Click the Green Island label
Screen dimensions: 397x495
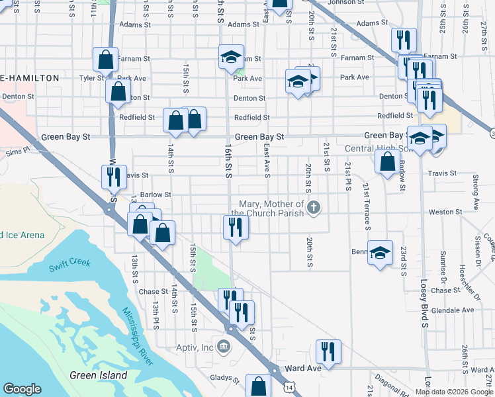(99, 375)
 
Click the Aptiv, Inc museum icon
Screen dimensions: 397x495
(224, 346)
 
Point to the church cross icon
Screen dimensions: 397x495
(314, 208)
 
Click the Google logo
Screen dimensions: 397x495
(22, 389)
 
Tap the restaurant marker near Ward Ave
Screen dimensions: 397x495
(328, 351)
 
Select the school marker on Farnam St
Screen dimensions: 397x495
(231, 58)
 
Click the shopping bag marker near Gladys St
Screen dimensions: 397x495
(258, 386)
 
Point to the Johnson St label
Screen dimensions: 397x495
(341, 3)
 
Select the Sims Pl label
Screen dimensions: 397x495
(18, 151)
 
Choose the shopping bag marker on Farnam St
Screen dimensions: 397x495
(105, 60)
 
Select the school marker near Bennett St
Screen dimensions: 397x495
(380, 252)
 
